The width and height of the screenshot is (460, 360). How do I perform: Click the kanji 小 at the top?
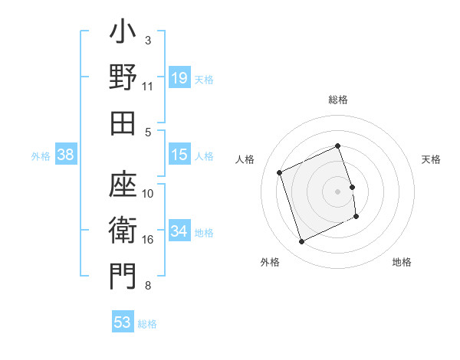pyautogui.click(x=123, y=35)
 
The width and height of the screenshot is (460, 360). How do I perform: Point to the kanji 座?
pyautogui.click(x=123, y=189)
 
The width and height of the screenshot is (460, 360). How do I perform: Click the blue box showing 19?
pyautogui.click(x=179, y=77)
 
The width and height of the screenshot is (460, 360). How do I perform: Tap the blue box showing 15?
pyautogui.click(x=179, y=155)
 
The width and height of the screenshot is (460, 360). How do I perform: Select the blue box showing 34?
pyautogui.click(x=179, y=231)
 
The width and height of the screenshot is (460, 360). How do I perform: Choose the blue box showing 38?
pyautogui.click(x=66, y=155)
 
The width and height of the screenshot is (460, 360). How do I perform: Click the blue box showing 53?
pyautogui.click(x=123, y=322)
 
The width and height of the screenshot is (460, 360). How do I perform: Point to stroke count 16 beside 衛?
pyautogui.click(x=148, y=240)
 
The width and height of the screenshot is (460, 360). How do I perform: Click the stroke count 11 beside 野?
pyautogui.click(x=148, y=86)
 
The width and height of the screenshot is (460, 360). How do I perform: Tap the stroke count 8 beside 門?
pyautogui.click(x=148, y=286)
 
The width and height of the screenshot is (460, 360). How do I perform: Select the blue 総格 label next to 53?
pyautogui.click(x=148, y=324)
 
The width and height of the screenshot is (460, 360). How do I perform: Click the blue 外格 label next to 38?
pyautogui.click(x=41, y=156)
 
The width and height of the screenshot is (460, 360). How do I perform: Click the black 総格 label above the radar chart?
pyautogui.click(x=338, y=100)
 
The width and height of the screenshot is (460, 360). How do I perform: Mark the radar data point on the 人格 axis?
pyautogui.click(x=280, y=172)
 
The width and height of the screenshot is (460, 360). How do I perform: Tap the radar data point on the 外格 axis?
pyautogui.click(x=301, y=242)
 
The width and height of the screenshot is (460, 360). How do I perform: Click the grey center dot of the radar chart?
pyautogui.click(x=338, y=191)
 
